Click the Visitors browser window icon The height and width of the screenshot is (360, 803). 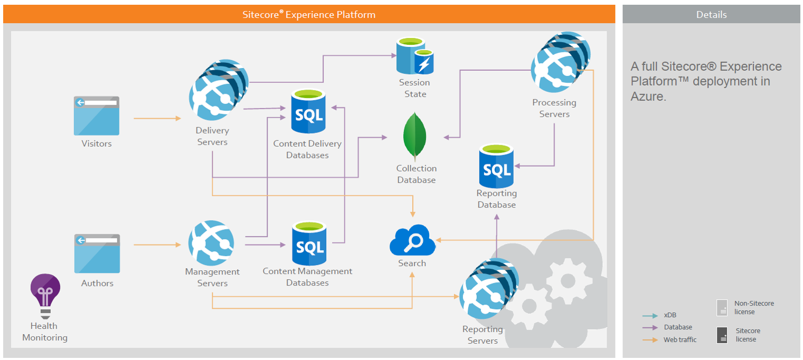tap(97, 116)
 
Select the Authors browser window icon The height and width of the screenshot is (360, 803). tap(97, 254)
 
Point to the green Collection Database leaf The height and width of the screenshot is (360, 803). tap(415, 136)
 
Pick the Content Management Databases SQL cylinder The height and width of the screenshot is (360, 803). tap(309, 243)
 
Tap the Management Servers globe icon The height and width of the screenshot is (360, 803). tap(212, 242)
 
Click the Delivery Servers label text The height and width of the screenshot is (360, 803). tap(212, 136)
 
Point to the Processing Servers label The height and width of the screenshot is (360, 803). tap(554, 108)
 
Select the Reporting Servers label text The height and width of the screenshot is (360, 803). tap(483, 335)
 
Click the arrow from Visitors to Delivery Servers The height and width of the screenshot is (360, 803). tap(157, 119)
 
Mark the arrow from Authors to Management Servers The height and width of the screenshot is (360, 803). tap(157, 245)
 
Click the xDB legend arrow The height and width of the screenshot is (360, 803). tap(649, 316)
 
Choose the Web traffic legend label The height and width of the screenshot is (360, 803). tap(680, 340)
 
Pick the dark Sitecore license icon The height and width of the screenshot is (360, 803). tap(722, 335)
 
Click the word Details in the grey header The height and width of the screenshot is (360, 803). tap(711, 15)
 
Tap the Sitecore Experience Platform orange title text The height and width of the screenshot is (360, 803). tap(309, 15)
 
